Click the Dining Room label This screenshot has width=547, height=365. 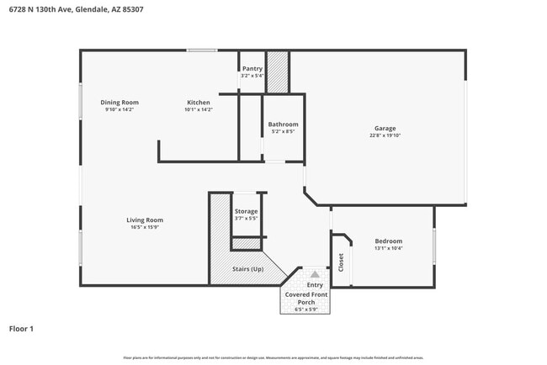click(119, 103)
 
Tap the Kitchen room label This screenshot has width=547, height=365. click(199, 103)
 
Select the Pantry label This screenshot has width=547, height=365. click(252, 69)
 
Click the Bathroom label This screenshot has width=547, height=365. click(283, 124)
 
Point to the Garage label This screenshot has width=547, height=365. click(385, 129)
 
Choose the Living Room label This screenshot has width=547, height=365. click(145, 220)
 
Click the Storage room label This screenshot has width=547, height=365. click(247, 211)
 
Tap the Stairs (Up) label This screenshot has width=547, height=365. click(248, 269)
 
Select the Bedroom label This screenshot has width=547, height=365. click(388, 241)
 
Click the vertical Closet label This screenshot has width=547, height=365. click(342, 262)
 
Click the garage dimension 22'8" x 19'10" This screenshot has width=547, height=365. click(385, 135)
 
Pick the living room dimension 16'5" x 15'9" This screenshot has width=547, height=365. click(145, 227)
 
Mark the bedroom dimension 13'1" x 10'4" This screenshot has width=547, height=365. click(388, 248)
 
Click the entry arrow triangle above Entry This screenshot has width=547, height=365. click(315, 274)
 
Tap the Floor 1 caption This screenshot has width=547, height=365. click(21, 329)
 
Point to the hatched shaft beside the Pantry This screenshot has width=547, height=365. click(278, 71)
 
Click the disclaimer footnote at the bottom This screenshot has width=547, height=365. click(273, 357)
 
